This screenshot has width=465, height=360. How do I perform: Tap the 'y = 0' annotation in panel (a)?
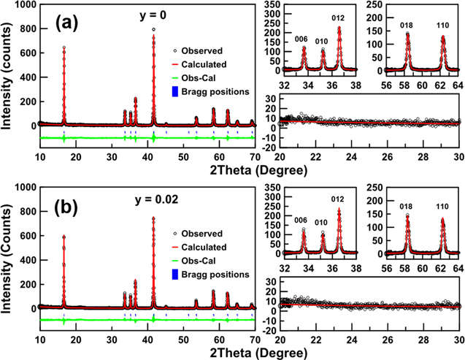pos(153,14)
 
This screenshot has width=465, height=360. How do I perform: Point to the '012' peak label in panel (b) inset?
pos(338,200)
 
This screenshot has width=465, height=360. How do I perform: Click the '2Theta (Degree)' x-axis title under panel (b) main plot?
pos(147,353)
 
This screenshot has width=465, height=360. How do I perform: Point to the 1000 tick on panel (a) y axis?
pos(25,6)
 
